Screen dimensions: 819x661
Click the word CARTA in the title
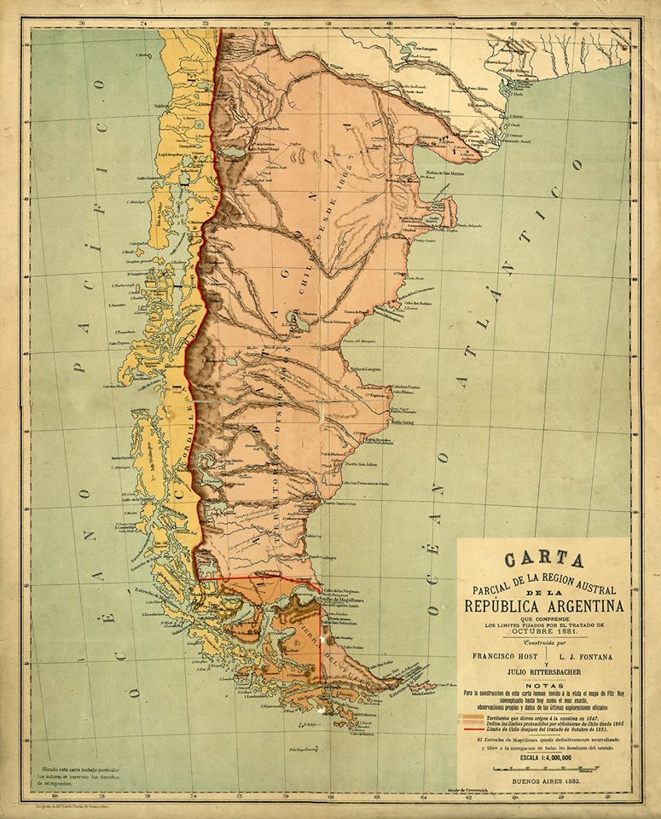[543, 561]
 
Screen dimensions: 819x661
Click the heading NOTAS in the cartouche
[543, 685]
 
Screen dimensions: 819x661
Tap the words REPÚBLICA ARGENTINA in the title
[543, 607]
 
